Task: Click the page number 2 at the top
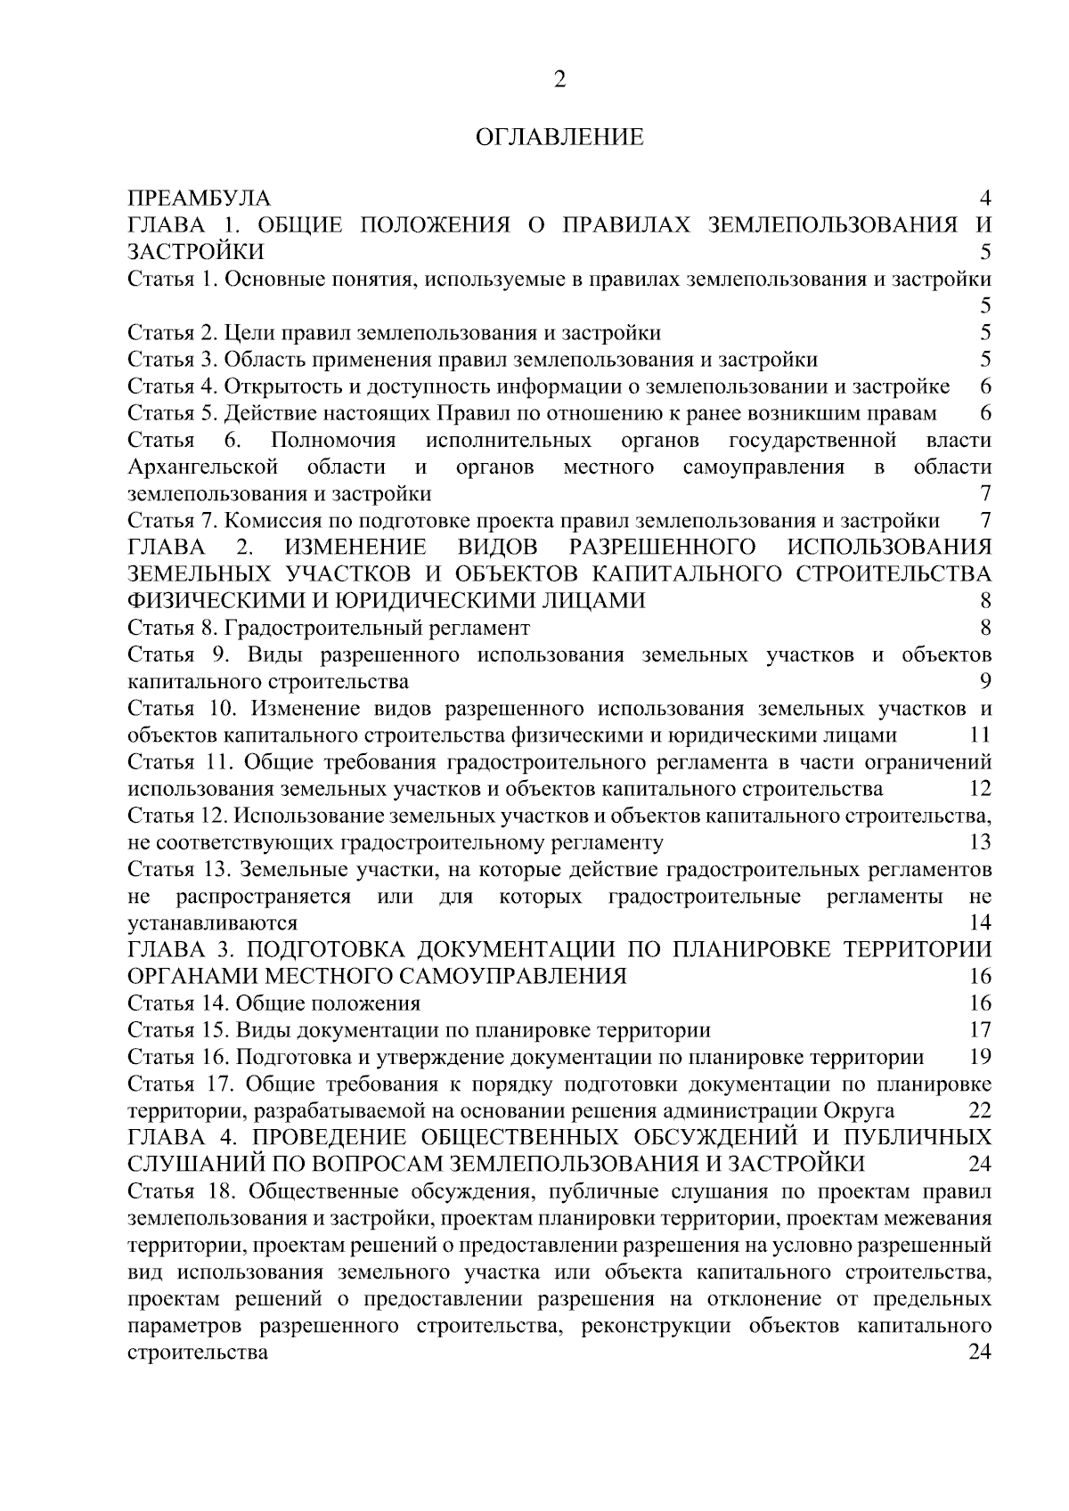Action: [559, 80]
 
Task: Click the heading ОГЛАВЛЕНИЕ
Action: [559, 138]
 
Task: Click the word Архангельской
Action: [203, 467]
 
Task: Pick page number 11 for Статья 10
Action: [980, 735]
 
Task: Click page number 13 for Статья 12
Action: [980, 842]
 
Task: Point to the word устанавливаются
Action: [212, 922]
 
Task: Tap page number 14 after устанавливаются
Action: [980, 922]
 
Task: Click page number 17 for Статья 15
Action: [980, 1030]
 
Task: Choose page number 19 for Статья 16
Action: [980, 1057]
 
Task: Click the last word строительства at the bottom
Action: [198, 1352]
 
